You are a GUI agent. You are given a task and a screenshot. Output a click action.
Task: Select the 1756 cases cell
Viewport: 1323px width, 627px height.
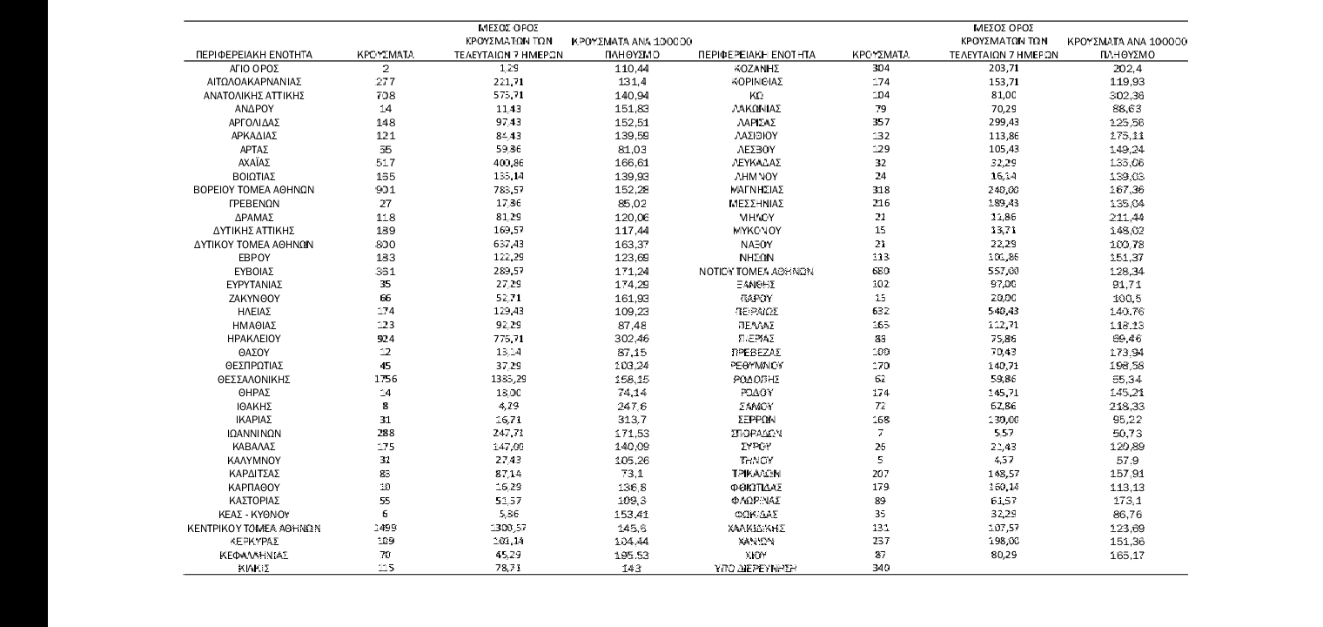point(385,380)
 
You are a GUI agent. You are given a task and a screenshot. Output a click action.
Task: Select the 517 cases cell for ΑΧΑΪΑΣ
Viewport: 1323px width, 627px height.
point(385,161)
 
